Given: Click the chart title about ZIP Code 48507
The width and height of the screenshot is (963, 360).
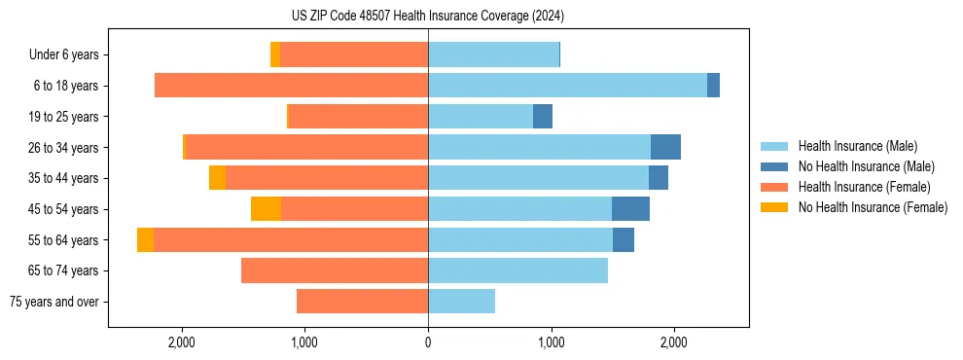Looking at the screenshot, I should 427,16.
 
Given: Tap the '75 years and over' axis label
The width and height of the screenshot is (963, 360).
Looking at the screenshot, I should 53,302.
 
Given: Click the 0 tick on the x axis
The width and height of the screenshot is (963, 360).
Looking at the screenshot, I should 428,342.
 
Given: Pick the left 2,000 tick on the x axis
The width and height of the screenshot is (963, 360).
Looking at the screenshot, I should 182,342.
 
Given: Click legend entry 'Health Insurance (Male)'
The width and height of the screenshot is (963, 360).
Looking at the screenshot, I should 857,146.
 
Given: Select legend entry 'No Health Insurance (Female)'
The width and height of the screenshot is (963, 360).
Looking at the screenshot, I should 873,207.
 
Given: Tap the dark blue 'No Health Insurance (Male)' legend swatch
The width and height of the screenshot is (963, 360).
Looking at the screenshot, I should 774,166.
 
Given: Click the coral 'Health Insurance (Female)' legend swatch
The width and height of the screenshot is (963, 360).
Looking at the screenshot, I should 774,187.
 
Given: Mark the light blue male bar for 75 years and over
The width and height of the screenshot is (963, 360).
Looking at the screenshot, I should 461,302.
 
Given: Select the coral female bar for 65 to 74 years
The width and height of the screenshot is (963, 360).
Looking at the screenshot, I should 335,270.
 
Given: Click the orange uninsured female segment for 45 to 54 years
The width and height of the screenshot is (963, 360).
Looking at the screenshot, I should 266,209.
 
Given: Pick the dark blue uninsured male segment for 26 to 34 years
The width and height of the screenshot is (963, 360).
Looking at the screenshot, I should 665,147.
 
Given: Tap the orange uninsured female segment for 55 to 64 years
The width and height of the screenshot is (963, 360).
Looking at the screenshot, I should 145,239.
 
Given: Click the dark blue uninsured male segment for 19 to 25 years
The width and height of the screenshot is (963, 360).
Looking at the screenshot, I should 543,117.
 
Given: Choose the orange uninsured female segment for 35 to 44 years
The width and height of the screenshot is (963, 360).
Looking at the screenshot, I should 217,178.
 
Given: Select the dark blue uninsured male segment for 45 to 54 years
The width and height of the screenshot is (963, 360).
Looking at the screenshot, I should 630,209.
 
